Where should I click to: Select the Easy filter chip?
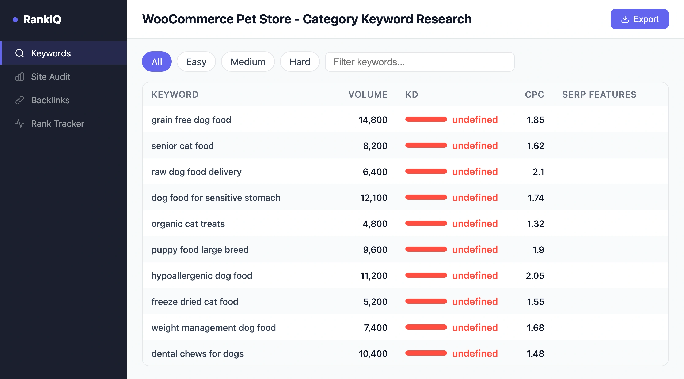(196, 62)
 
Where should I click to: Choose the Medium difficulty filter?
(247, 62)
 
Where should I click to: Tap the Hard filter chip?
(300, 62)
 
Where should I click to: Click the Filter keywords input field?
(419, 62)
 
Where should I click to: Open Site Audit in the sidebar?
(50, 77)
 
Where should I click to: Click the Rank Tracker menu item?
(57, 124)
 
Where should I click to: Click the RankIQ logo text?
(42, 19)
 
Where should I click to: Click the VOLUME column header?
(368, 95)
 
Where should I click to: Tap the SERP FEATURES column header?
(599, 95)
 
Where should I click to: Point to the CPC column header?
(534, 95)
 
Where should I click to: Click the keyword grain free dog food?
(191, 120)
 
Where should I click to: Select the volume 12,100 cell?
(374, 198)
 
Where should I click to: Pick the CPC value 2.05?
(535, 276)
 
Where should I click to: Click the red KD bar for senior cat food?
(426, 145)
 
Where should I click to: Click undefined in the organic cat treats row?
(475, 224)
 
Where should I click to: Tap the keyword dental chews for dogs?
(197, 354)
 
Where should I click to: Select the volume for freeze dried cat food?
(375, 302)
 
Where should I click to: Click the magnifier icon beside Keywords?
(20, 53)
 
